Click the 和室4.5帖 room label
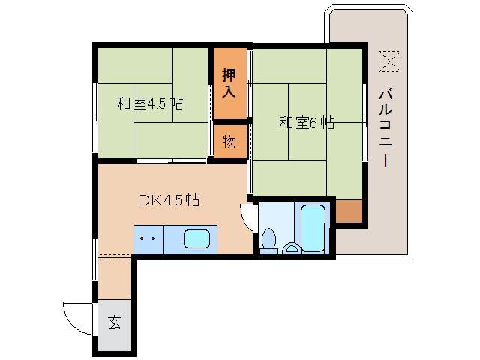click(149, 103)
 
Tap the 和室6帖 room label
click(307, 122)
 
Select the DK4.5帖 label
click(169, 200)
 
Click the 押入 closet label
click(229, 82)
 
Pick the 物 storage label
click(229, 141)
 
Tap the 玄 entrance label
click(114, 323)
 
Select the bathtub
click(311, 227)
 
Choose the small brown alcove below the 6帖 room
click(348, 211)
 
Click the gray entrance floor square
click(114, 323)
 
